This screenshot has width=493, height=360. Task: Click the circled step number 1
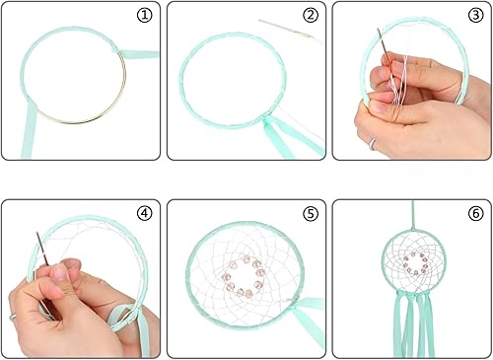145,16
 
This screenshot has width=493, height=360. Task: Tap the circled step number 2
311,16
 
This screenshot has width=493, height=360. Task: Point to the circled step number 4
145,212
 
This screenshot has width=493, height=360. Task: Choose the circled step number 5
311,212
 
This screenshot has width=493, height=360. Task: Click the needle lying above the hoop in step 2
287,29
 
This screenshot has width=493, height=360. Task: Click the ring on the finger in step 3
374,143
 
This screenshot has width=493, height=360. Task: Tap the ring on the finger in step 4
13,317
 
